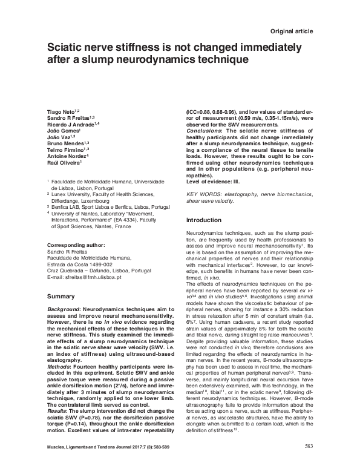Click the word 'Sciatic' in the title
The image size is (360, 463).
coord(68,47)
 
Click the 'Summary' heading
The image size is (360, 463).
coord(61,297)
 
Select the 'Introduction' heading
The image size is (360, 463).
coord(205,220)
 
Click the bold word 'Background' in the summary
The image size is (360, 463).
coord(63,309)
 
